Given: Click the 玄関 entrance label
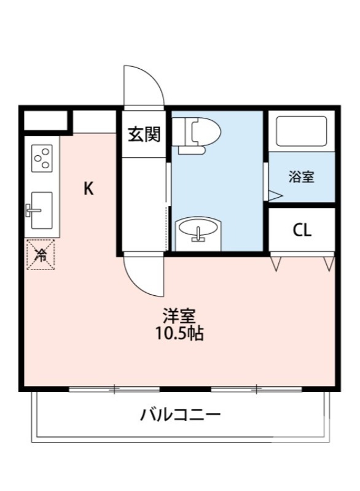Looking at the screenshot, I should click(144, 134).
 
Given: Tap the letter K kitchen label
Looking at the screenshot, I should click(89, 188).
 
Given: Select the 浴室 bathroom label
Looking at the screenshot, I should click(302, 177).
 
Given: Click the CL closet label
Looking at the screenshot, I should click(302, 230).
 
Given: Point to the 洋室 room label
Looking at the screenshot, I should click(179, 317).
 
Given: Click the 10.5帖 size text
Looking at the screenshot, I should click(179, 334).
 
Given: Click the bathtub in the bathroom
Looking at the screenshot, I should click(302, 130).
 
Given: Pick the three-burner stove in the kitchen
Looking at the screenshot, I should click(42, 158).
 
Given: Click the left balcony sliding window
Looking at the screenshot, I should click(114, 389).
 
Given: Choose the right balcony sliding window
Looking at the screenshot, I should click(257, 389).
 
